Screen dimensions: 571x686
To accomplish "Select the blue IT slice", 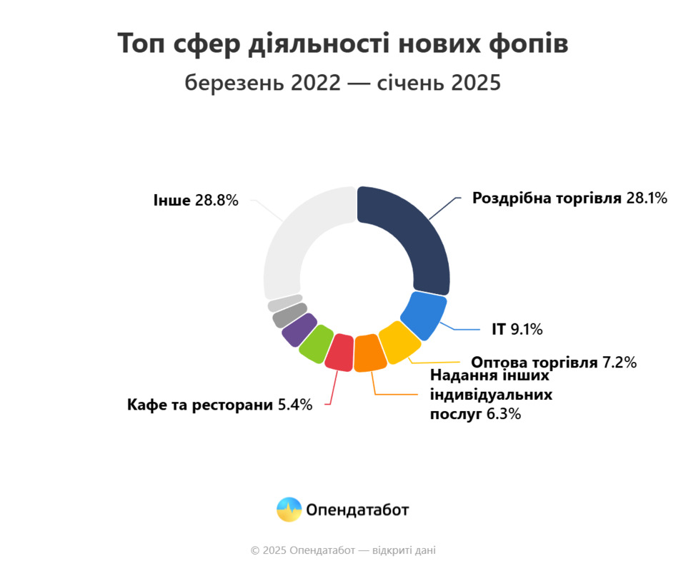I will click(x=424, y=315).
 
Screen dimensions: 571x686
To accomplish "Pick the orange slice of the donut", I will click(x=369, y=352).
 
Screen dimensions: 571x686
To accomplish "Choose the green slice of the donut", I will click(x=316, y=343).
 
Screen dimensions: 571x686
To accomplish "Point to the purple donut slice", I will click(x=299, y=329).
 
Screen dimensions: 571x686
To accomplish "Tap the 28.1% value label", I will click(x=646, y=198).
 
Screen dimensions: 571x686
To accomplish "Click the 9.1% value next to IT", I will click(x=527, y=330).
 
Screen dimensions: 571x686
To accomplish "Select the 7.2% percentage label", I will click(x=619, y=363).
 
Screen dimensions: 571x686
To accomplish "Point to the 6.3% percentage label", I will click(x=503, y=413).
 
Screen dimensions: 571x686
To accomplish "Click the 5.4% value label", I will click(x=294, y=405).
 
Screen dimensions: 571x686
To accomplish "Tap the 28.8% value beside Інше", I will click(x=215, y=201).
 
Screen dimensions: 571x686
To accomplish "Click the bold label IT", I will click(x=498, y=330).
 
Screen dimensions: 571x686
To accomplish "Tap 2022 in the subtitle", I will click(x=314, y=82).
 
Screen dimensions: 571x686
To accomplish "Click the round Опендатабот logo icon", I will click(x=289, y=509).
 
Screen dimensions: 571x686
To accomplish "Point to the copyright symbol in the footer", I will click(x=254, y=550).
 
